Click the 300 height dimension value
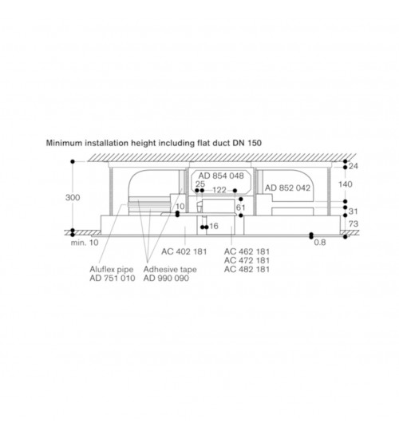[73, 197]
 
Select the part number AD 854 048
[221, 176]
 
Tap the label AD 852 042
[287, 188]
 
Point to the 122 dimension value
[219, 190]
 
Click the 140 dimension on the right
[346, 184]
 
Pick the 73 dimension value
[354, 223]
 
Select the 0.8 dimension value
[320, 242]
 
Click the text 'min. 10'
[85, 243]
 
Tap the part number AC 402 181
[184, 251]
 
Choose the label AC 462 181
[247, 251]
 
